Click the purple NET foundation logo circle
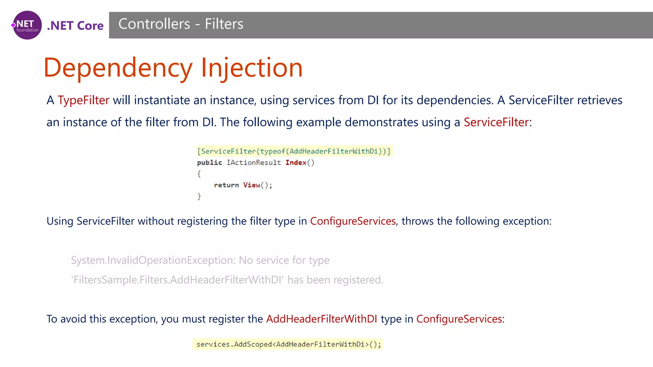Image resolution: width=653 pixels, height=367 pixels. tap(27, 25)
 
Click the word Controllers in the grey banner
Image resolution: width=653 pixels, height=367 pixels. tap(154, 24)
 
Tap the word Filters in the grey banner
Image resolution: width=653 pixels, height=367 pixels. tap(224, 24)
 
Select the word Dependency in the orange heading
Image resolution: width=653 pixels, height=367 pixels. tap(118, 68)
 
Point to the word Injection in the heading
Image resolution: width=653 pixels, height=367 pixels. tap(252, 68)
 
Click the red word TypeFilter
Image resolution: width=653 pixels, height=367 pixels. tap(84, 100)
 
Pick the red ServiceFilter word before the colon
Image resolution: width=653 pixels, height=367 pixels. tap(496, 122)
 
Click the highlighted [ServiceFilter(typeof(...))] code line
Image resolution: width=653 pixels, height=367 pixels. tap(294, 151)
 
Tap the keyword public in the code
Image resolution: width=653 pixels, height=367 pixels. tap(209, 162)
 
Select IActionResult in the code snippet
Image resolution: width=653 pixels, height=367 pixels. tap(254, 162)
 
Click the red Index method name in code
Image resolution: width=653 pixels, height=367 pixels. tap(296, 162)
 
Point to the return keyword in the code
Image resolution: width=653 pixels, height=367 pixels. tap(226, 185)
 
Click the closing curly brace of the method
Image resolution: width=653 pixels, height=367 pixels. tap(199, 196)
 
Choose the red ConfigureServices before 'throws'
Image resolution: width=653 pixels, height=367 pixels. tap(353, 221)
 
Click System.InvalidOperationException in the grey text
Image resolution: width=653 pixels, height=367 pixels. tap(153, 260)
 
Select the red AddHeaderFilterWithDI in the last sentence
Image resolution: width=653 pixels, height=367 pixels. tap(321, 319)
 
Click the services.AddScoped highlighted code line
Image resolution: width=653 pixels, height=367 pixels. tap(288, 344)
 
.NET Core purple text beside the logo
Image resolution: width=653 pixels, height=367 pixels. tap(75, 25)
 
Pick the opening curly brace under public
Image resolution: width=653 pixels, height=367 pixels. tap(199, 174)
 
